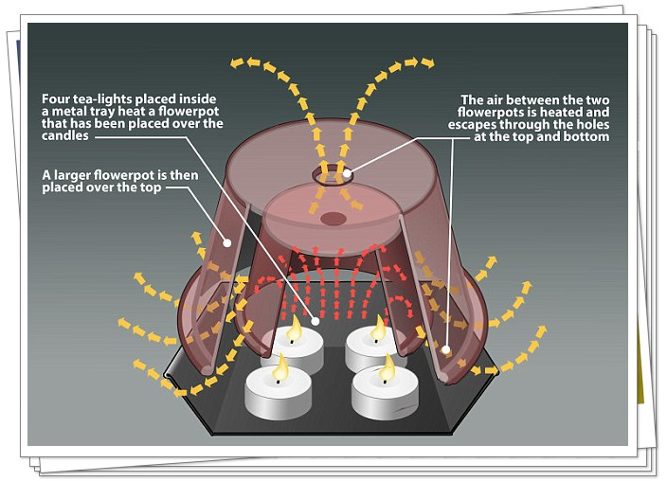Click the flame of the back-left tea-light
click(x=294, y=330)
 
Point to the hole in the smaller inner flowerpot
click(x=333, y=219)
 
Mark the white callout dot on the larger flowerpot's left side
click(x=227, y=242)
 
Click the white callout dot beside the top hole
click(x=348, y=172)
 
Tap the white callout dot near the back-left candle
click(x=314, y=321)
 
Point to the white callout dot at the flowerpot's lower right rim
click(x=444, y=350)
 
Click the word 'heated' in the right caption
click(x=552, y=112)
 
